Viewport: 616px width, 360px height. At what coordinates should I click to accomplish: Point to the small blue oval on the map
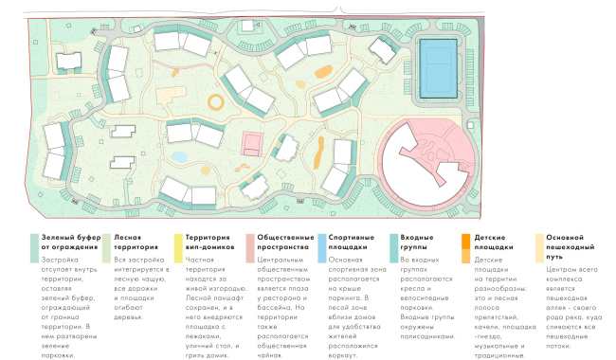coord(180,156)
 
